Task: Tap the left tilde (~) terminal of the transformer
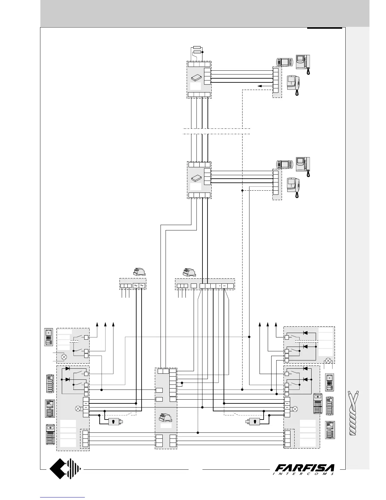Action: point(135,286)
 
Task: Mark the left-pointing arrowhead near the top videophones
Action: point(260,86)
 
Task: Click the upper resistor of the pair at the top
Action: point(197,48)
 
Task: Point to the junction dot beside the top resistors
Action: point(203,52)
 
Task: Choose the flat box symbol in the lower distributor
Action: point(197,178)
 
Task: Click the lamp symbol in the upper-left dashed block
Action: point(64,357)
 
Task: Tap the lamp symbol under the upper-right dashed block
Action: point(328,360)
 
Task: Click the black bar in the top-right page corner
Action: point(325,28)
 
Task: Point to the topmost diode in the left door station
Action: point(67,368)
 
